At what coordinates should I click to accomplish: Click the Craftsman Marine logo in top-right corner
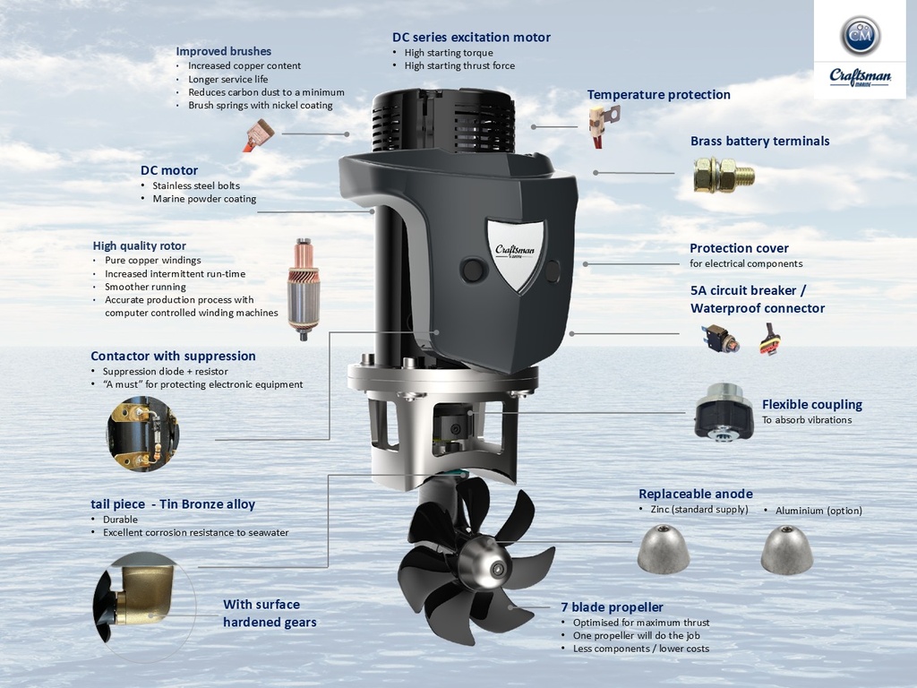(x=860, y=49)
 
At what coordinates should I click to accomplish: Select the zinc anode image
(x=664, y=548)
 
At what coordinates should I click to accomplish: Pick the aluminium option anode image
(x=786, y=549)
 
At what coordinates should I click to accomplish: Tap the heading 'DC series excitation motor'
(x=471, y=38)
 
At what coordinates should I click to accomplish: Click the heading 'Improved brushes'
(x=223, y=51)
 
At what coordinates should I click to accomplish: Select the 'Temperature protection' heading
(x=658, y=95)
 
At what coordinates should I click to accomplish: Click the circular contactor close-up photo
(x=142, y=434)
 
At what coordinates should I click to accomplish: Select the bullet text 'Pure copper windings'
(x=152, y=261)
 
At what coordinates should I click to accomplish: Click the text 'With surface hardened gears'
(x=269, y=613)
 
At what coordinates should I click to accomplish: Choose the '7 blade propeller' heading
(x=612, y=607)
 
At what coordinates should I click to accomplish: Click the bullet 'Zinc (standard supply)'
(x=698, y=510)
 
